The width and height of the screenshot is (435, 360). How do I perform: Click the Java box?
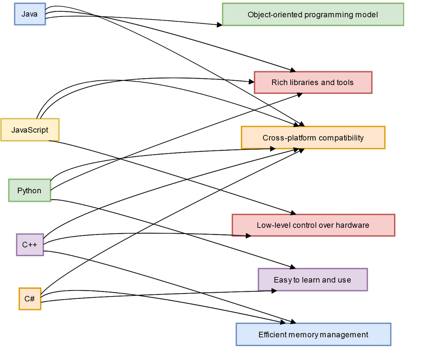pos(30,14)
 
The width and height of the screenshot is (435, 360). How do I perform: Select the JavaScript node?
pos(30,130)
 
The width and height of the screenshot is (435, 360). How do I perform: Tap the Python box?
pos(29,190)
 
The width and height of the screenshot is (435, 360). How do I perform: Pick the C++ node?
pos(30,244)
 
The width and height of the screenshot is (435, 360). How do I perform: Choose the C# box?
pos(30,299)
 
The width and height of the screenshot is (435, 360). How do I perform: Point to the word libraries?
pos(300,83)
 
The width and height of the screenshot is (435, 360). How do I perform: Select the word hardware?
pos(351,225)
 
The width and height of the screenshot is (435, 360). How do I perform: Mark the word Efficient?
pos(272,334)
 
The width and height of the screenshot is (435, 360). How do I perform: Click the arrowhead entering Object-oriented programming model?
pos(219,25)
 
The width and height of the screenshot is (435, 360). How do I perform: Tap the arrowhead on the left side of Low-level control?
pos(249,236)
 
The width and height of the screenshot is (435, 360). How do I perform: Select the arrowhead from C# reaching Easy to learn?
pos(274,291)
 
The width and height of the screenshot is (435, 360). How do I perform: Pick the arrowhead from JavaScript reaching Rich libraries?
pos(251,81)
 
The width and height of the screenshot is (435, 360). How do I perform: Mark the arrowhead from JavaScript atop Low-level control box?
pos(293,213)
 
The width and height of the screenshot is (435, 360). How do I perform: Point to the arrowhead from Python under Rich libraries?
pos(299,94)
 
